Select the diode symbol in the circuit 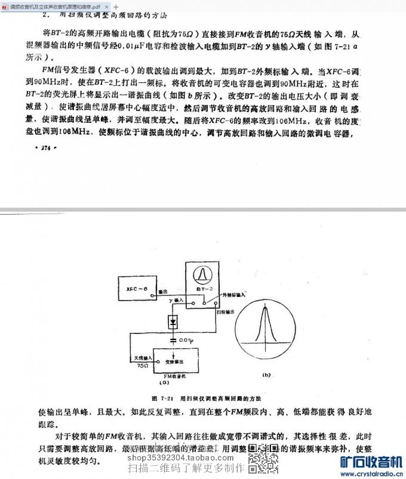(x=174, y=322)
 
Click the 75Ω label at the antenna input (x=142, y=365)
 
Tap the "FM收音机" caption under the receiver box (x=174, y=379)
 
